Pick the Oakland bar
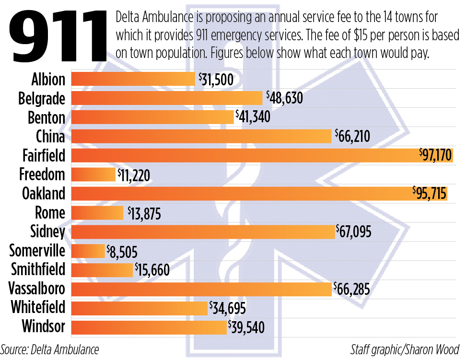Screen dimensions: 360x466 259,194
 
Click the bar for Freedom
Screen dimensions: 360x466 93,174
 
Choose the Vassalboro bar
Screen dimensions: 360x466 201,289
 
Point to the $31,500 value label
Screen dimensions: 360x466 215,80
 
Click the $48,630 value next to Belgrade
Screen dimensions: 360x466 283,99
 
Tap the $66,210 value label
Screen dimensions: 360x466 352,137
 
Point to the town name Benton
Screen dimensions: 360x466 46,117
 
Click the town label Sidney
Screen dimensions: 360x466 47,232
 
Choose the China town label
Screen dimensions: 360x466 50,137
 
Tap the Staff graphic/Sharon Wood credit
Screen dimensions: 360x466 405,349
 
